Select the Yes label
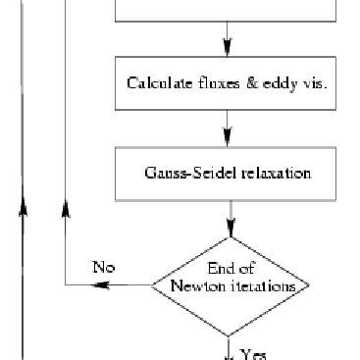(253, 354)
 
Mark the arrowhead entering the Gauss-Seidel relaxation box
(228, 138)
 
